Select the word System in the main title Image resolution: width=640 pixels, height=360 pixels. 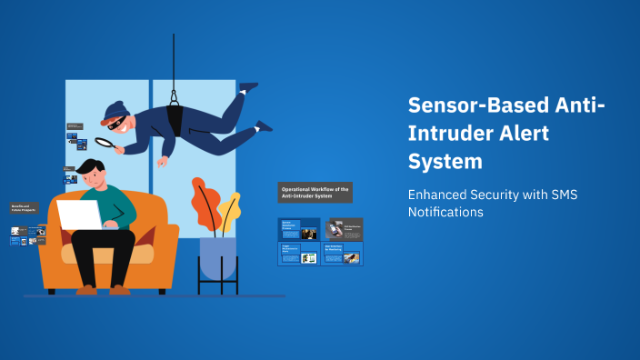445,162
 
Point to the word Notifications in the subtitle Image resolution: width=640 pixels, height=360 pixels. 445,212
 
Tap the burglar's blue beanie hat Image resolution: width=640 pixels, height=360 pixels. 115,110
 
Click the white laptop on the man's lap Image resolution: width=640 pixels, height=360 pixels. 80,215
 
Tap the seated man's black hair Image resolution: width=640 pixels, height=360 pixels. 90,167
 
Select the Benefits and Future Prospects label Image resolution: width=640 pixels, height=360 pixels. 25,209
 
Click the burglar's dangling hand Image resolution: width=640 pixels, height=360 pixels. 162,162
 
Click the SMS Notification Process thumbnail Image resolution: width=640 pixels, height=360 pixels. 344,229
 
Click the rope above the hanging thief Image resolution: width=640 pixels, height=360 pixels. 173,64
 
